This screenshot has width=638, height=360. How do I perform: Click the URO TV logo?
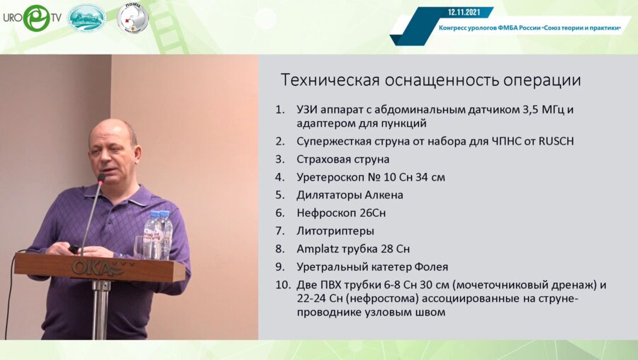coord(31,18)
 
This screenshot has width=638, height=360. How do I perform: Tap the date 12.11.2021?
coord(465,12)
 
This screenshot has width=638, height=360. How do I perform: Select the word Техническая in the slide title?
coord(323,80)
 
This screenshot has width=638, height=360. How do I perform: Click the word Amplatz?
coord(320,249)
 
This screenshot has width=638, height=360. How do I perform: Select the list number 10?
coord(282,285)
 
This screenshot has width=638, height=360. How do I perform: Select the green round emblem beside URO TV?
coord(86,18)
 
